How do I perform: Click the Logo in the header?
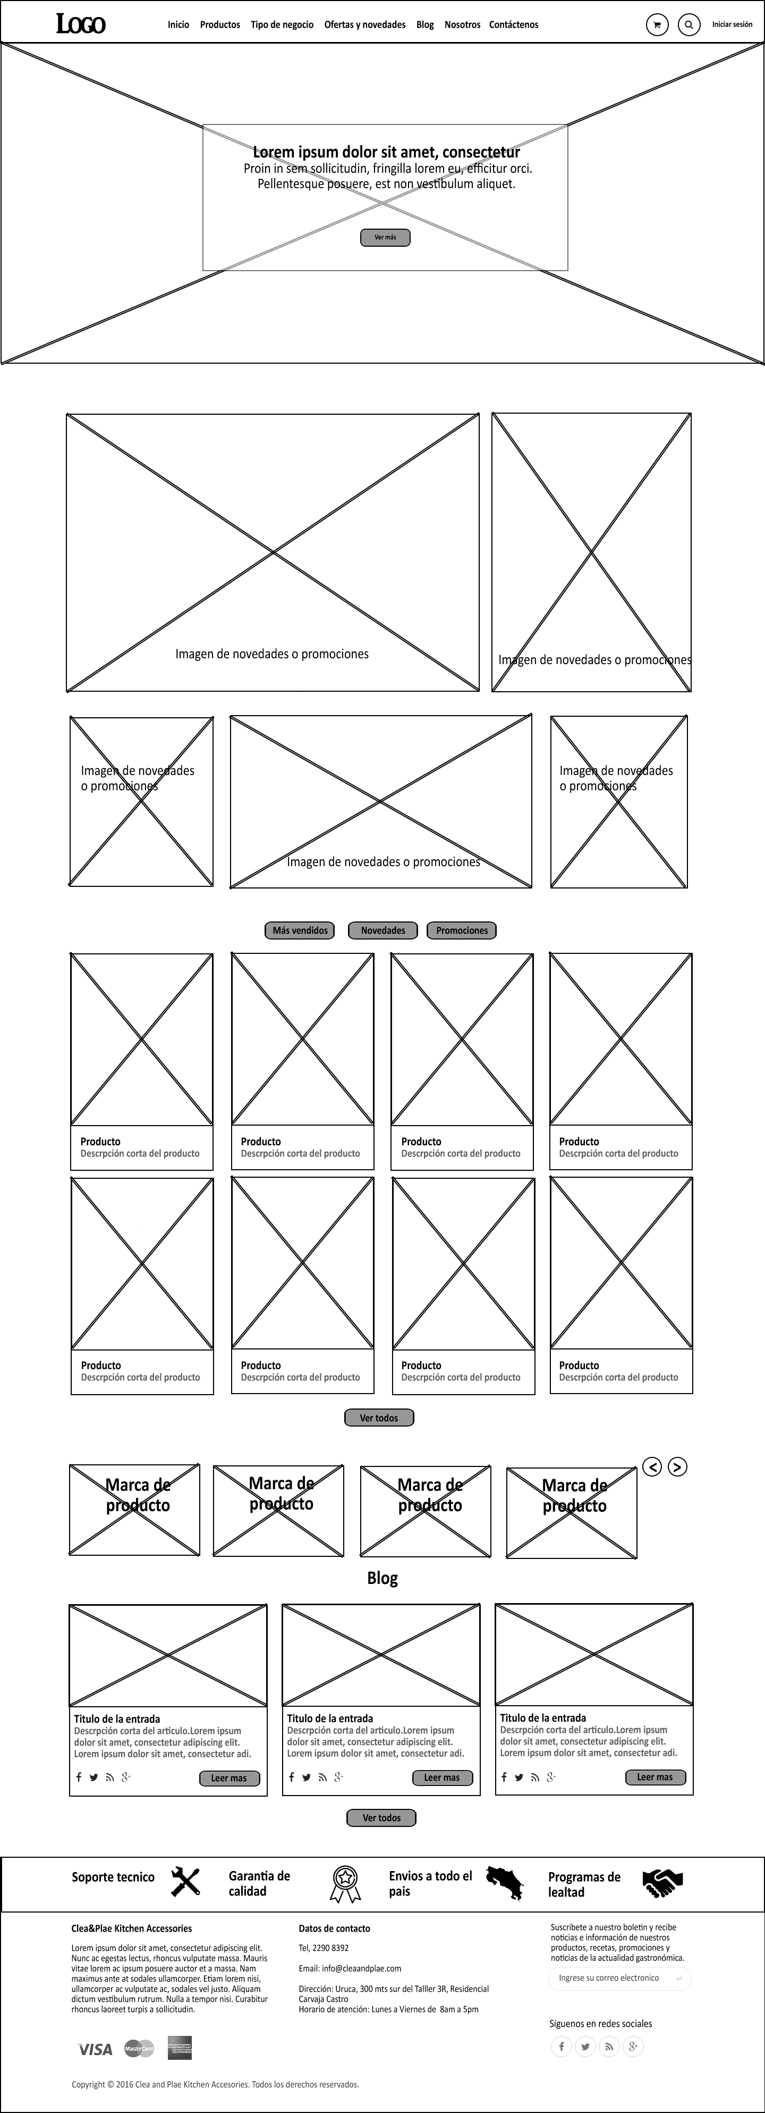[x=80, y=24]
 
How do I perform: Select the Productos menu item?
[x=220, y=24]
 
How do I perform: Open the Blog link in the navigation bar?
[x=424, y=24]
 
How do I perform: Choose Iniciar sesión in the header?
[x=732, y=24]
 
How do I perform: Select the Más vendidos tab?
[x=300, y=930]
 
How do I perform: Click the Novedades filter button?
[x=383, y=930]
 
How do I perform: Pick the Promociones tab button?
[x=462, y=930]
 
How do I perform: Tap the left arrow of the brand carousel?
[x=652, y=1466]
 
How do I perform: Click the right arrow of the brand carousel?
[x=677, y=1466]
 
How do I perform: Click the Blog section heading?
[x=382, y=1578]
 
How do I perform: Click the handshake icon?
[x=662, y=1883]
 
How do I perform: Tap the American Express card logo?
[x=180, y=2048]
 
